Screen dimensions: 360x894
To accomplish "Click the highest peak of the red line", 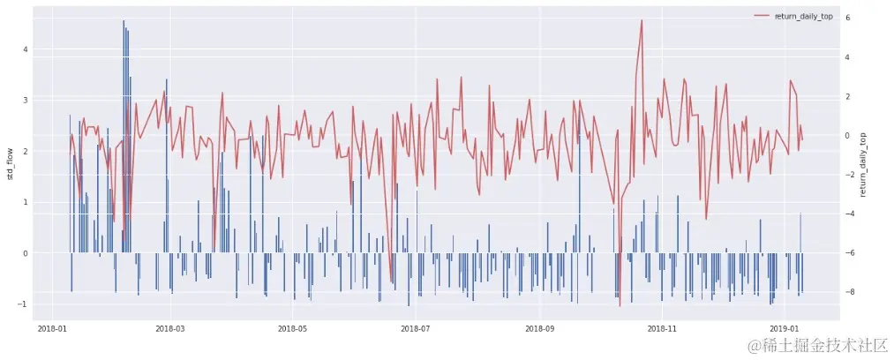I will click(x=642, y=20).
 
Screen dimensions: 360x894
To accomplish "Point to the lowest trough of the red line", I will click(x=620, y=306).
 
